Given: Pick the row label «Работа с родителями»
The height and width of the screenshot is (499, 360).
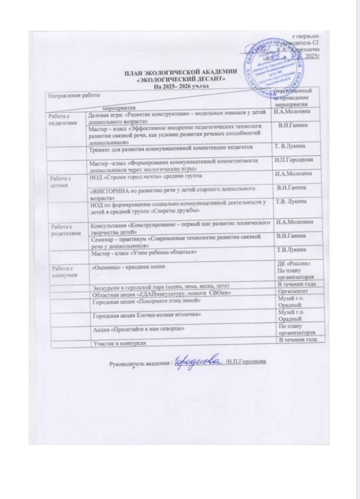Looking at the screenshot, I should [64, 229].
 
